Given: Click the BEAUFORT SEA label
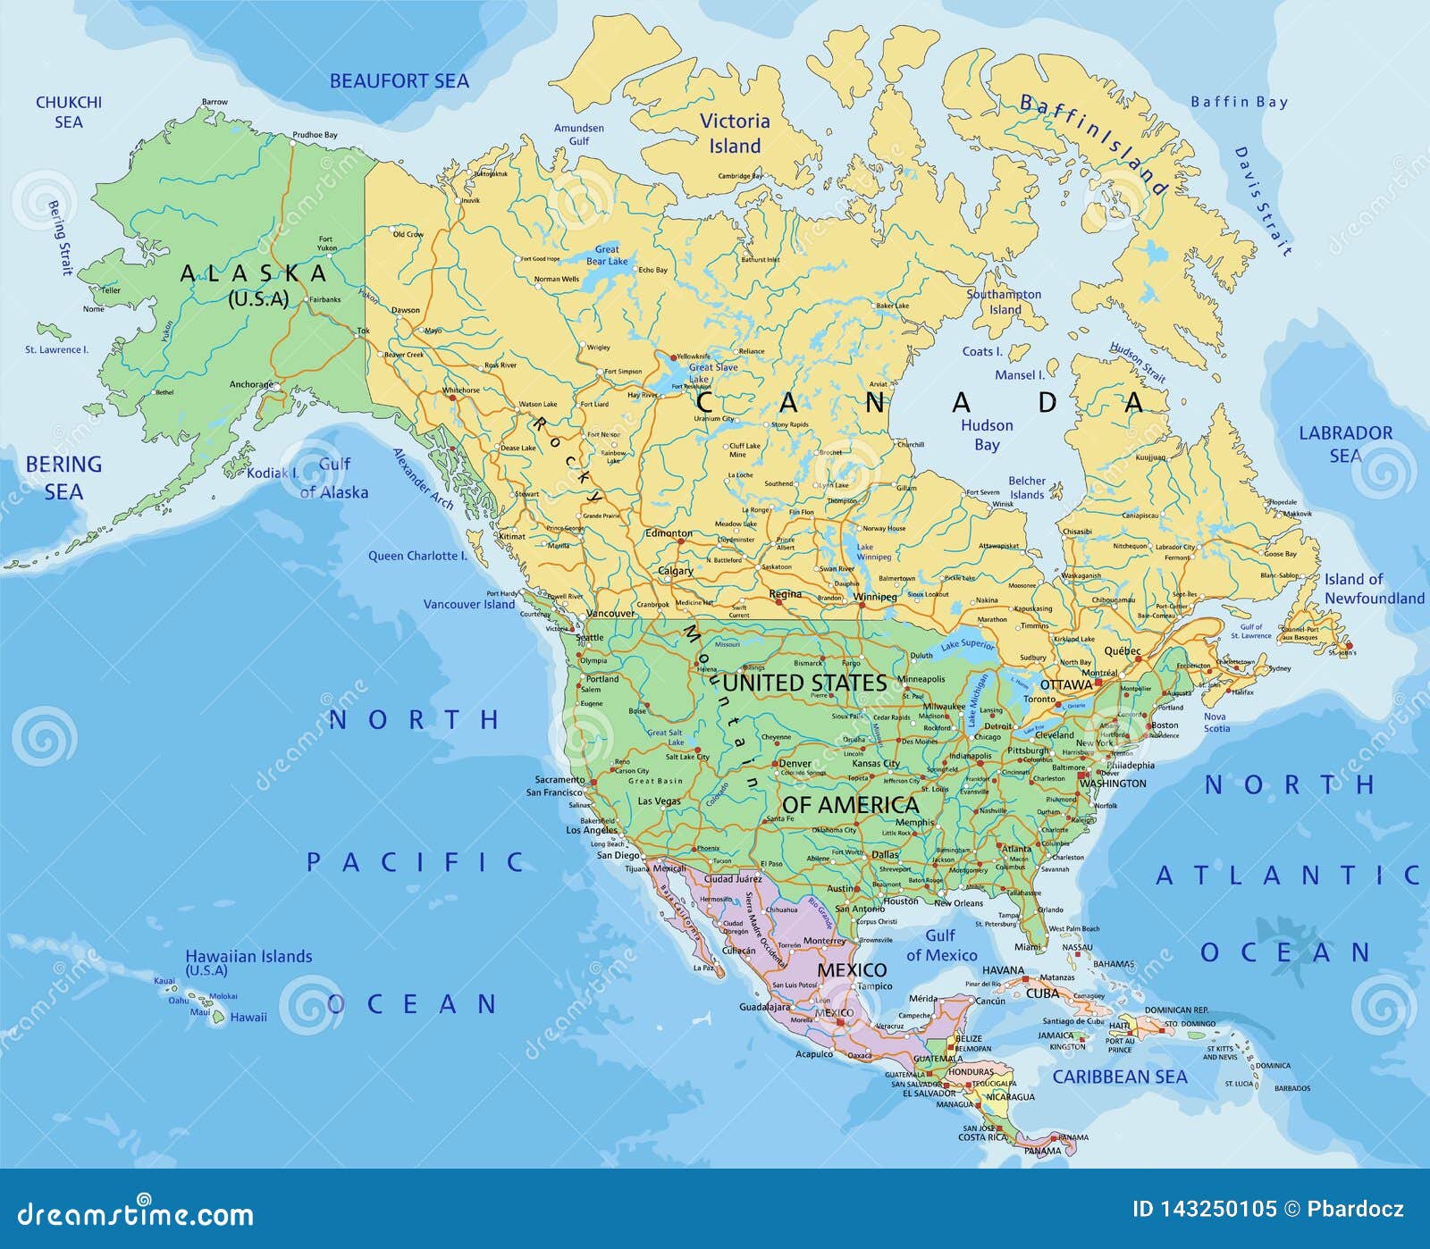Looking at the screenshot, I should tap(399, 81).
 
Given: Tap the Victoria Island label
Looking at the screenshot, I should tap(734, 133).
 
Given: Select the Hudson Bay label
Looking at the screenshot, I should tap(987, 434).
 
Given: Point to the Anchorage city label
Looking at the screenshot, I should tap(251, 385).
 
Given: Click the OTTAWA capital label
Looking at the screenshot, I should tap(1066, 684).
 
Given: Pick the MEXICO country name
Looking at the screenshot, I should tap(852, 969).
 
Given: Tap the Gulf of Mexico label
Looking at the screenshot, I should tap(941, 945).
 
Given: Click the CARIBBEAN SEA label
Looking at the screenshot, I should tap(1119, 1077).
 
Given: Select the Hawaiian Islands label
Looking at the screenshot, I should tap(248, 957).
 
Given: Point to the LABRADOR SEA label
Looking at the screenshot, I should tap(1345, 443).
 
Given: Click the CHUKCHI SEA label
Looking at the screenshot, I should tap(69, 112).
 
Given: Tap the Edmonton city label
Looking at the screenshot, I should tap(669, 533).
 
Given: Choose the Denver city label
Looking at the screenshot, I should tap(795, 764).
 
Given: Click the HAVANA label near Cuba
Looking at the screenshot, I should tap(1003, 970).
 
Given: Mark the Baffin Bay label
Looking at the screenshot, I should tap(1239, 102).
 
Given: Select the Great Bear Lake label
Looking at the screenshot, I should tap(607, 256).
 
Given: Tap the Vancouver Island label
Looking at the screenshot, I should tap(468, 604).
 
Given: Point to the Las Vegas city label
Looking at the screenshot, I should tap(659, 801).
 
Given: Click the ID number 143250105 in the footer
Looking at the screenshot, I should tap(1204, 1210).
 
